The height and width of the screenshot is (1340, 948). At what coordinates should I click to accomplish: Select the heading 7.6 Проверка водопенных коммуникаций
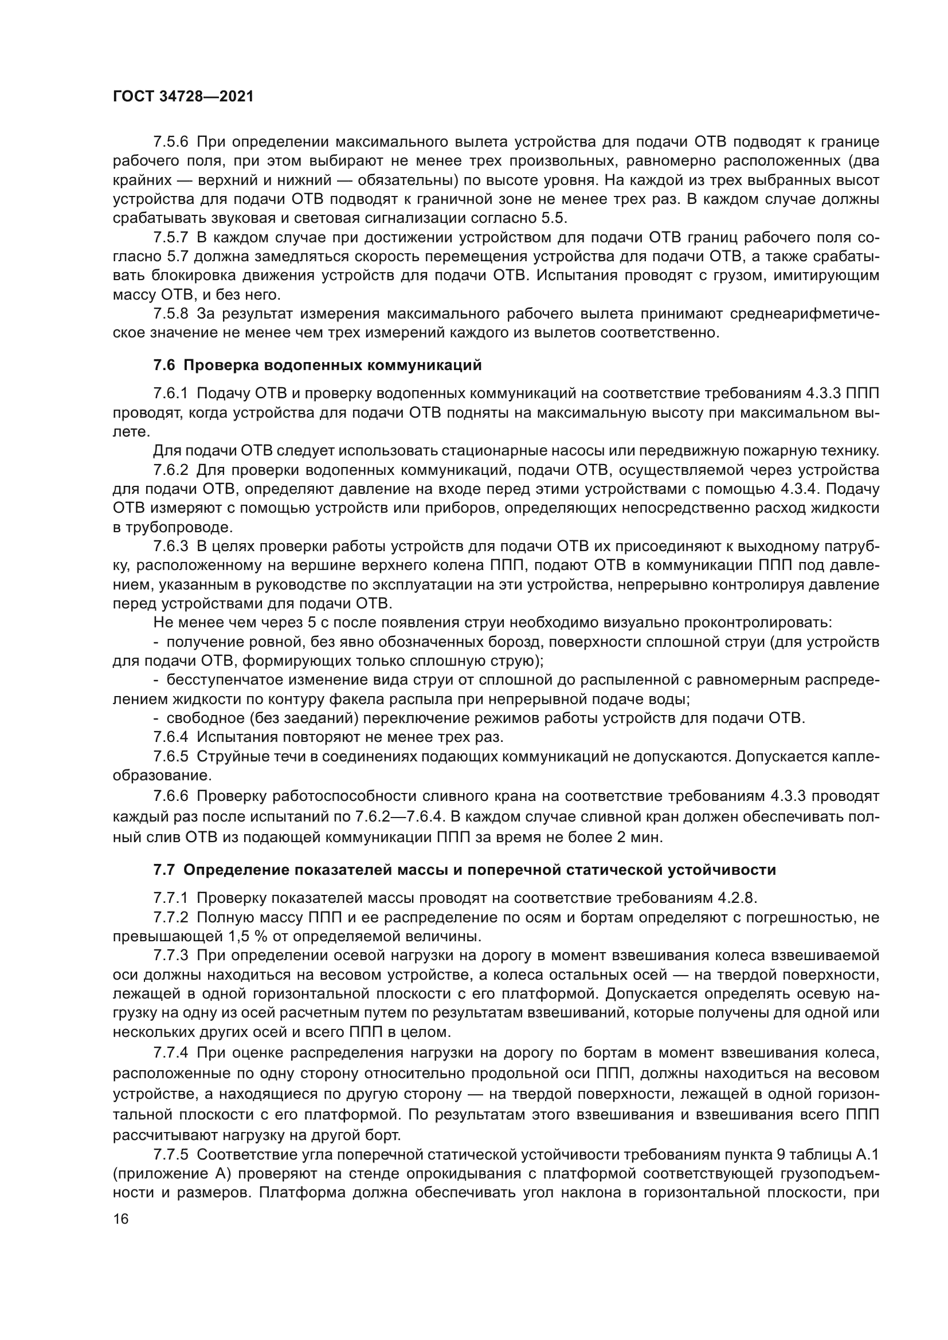[x=318, y=366]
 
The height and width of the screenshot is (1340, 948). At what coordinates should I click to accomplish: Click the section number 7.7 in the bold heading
[x=164, y=870]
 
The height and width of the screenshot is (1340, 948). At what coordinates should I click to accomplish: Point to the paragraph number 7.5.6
[x=171, y=142]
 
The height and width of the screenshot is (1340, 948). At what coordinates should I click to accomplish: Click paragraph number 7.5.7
[x=171, y=238]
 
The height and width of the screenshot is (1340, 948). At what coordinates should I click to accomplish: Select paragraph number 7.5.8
[x=171, y=314]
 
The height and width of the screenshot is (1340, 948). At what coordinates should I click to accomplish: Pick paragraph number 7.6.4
[x=171, y=737]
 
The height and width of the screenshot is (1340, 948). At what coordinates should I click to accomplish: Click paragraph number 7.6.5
[x=171, y=756]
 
